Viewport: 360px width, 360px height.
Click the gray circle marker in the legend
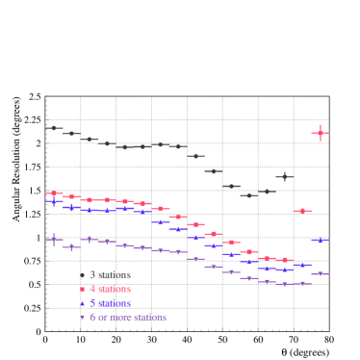(x=82, y=274)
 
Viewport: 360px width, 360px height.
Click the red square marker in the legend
(x=82, y=289)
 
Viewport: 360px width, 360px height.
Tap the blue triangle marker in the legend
(x=82, y=302)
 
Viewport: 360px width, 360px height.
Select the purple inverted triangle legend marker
(x=82, y=317)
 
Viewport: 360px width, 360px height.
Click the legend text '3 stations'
(x=111, y=274)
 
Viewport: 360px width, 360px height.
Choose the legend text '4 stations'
(x=111, y=289)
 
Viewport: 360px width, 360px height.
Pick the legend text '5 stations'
(x=111, y=302)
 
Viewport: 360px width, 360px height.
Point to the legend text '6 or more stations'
(x=128, y=317)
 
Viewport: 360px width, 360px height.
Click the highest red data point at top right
(x=321, y=133)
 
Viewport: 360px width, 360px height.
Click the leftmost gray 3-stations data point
(x=54, y=127)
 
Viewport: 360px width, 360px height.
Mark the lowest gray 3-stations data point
(x=249, y=195)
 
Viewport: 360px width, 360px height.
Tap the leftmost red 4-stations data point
(x=54, y=193)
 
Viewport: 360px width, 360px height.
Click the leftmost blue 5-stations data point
(x=54, y=201)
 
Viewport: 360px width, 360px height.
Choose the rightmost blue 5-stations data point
(x=321, y=240)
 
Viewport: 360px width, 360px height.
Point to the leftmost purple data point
(x=54, y=239)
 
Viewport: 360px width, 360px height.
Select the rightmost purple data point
(x=321, y=273)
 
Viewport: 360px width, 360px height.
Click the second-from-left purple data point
(x=72, y=247)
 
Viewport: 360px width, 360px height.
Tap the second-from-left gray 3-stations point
(x=72, y=134)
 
